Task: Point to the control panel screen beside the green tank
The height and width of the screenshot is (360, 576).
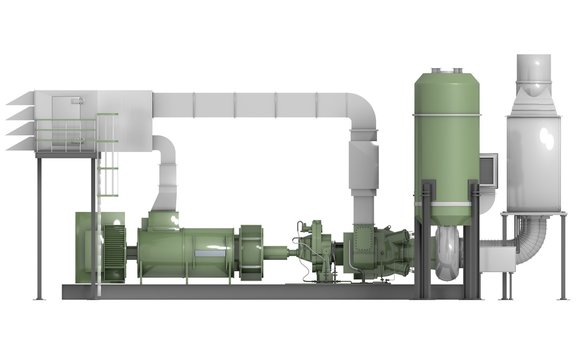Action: click(489, 171)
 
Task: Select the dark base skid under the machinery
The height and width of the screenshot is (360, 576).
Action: click(250, 292)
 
